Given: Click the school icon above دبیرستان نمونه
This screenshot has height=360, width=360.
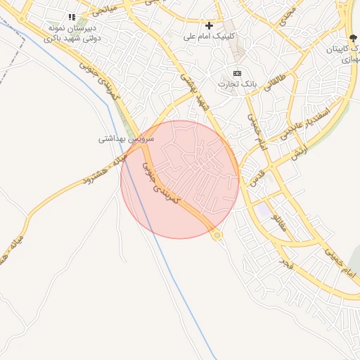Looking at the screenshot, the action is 71,17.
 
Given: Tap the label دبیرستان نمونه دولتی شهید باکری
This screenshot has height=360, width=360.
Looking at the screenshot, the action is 74,32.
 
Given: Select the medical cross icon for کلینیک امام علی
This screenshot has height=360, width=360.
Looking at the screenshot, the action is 209,25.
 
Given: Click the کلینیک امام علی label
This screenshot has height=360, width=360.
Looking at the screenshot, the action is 209,35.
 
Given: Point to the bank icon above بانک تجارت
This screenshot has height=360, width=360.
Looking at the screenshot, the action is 237,73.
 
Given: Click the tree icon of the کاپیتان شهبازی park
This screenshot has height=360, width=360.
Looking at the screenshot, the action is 352,39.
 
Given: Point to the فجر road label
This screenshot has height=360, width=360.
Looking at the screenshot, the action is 285,264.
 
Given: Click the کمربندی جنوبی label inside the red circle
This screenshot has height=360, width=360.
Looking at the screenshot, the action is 162,184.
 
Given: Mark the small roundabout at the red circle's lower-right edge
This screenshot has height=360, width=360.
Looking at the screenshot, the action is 217,235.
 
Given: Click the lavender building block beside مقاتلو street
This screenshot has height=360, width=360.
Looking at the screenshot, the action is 263,210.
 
